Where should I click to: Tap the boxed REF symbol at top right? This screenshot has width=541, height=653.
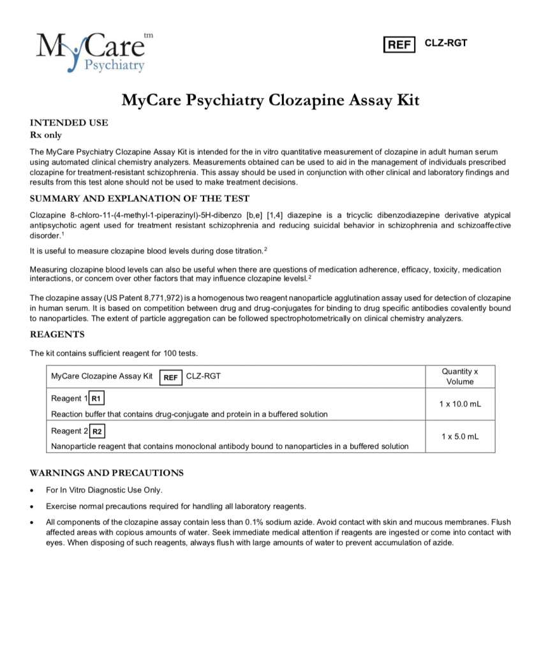399,44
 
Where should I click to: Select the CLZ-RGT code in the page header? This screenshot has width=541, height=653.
446,43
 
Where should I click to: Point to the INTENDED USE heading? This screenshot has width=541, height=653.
69,123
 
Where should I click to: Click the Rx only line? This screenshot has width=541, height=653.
46,135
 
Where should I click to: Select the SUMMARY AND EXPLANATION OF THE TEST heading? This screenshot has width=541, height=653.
140,198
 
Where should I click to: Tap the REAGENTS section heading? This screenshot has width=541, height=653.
57,335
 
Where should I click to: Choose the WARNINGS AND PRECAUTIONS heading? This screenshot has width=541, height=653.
107,473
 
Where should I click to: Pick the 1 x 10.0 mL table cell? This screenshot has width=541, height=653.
459,405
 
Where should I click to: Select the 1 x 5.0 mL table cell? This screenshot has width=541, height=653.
459,437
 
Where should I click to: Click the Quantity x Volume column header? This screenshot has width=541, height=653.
459,376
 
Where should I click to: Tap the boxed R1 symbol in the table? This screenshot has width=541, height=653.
96,399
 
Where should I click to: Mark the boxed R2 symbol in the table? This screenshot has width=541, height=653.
97,431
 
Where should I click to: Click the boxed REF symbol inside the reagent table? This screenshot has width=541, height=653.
170,376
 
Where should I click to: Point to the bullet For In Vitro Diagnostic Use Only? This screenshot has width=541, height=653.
104,490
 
